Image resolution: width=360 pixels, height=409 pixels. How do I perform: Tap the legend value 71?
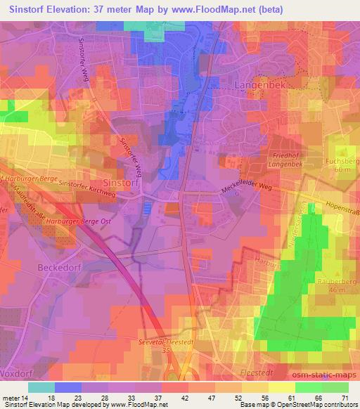click(344, 398)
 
